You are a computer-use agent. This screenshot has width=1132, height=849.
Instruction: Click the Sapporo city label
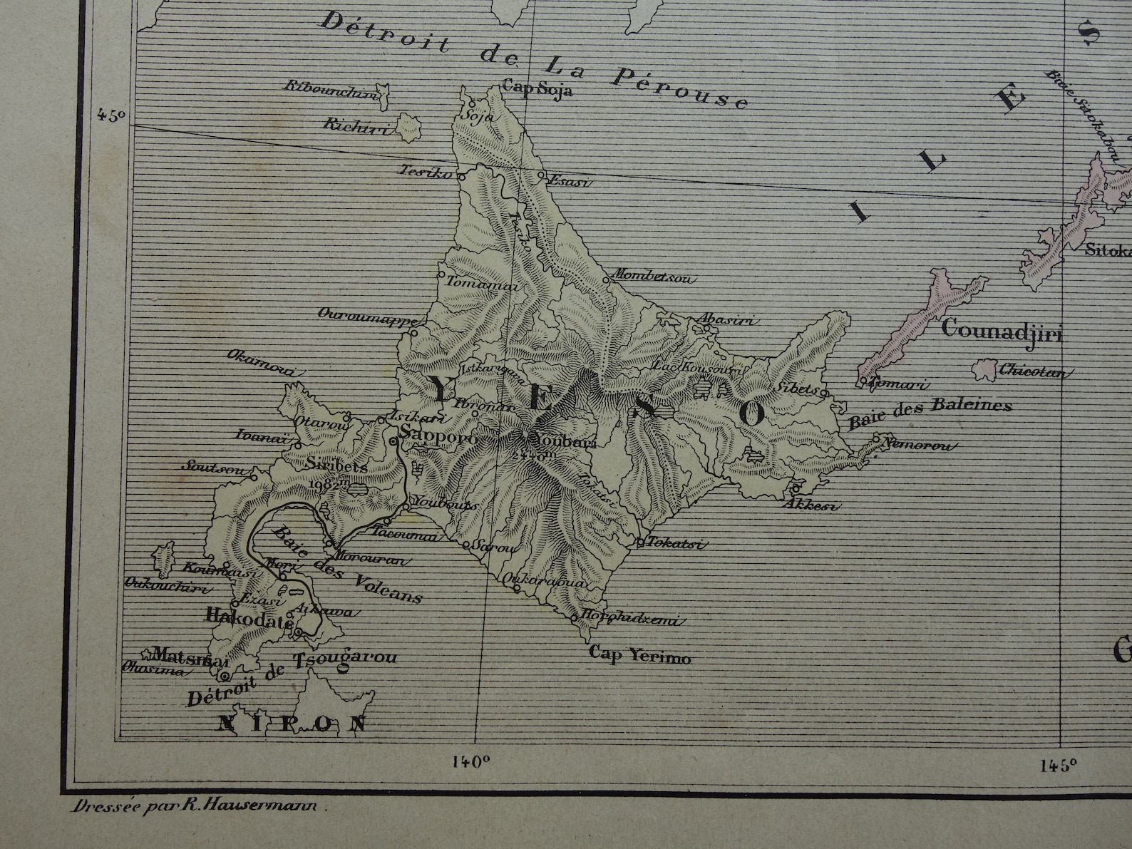coord(438,435)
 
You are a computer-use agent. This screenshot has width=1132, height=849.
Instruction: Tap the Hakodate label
coord(249,617)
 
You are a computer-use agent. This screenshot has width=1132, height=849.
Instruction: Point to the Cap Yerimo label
coord(639,655)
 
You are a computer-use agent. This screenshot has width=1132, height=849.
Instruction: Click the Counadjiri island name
coord(1002,331)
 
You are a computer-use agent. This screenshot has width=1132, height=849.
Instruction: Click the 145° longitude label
coord(1057,766)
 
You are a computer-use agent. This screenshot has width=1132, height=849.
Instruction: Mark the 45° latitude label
coord(112,115)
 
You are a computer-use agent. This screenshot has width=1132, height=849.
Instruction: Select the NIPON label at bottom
coord(292,724)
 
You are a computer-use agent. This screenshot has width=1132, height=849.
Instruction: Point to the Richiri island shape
coord(408,128)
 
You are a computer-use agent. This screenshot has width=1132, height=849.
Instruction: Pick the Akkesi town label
coord(811,505)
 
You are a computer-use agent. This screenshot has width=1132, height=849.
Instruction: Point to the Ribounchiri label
coord(329,87)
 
